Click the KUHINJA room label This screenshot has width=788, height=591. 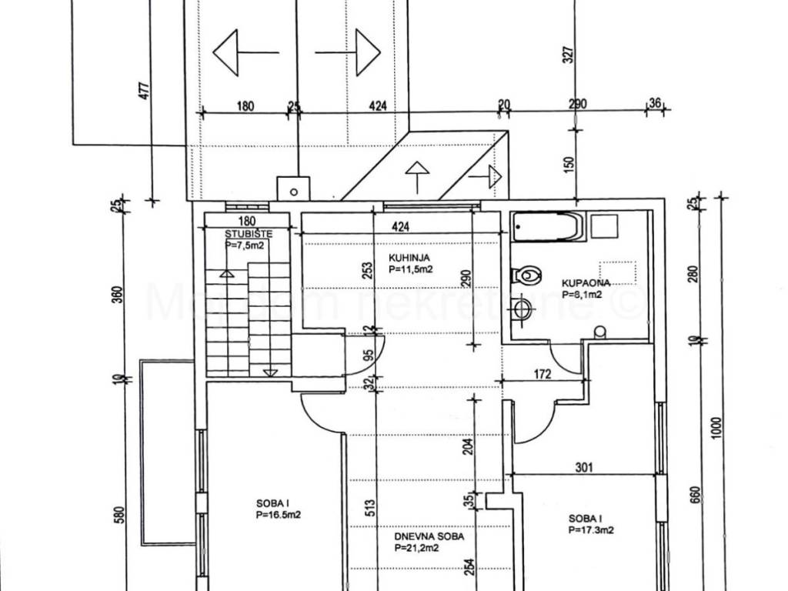(x=409, y=259)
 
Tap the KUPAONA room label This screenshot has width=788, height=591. (x=586, y=282)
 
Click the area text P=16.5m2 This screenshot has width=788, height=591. (x=278, y=515)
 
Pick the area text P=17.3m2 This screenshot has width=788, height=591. (x=590, y=530)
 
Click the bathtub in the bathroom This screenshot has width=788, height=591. (x=546, y=226)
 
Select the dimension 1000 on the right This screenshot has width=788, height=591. (x=717, y=428)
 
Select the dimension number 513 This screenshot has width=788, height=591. (x=371, y=507)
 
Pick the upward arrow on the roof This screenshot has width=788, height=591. (x=416, y=176)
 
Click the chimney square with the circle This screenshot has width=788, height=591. (x=293, y=188)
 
